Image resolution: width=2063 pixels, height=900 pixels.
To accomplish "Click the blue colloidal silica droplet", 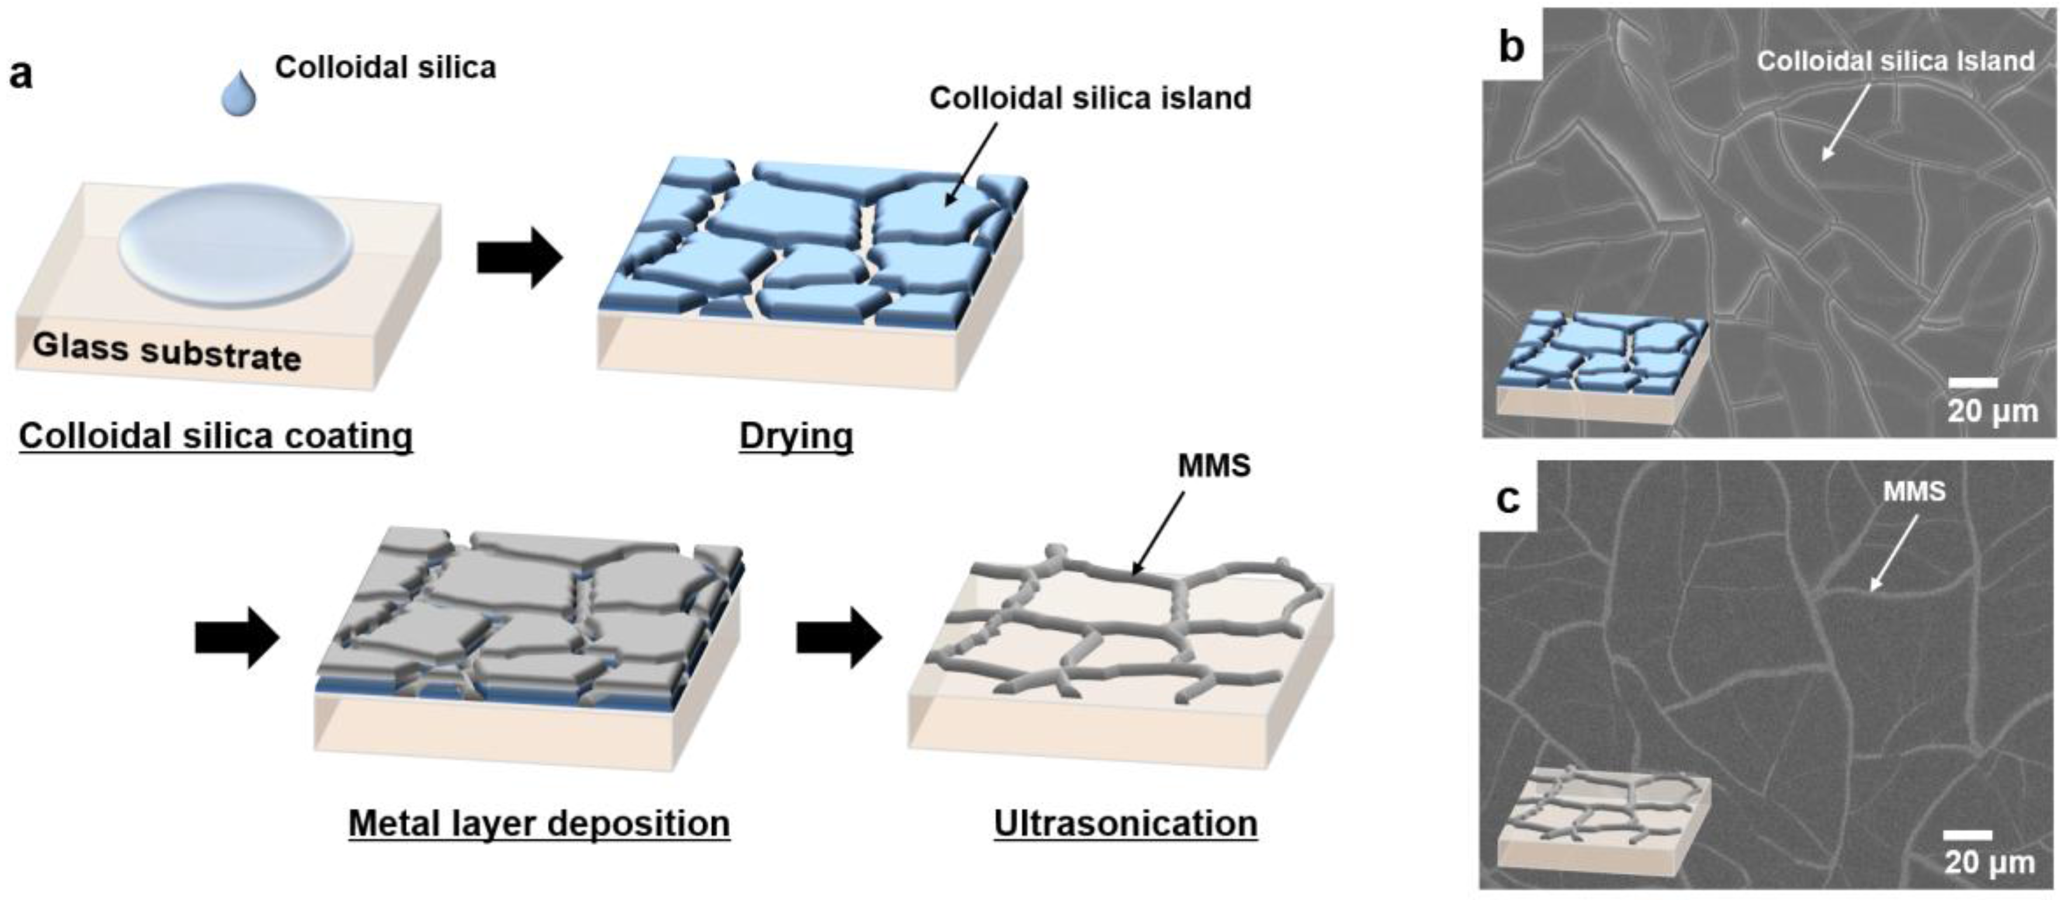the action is tap(238, 93).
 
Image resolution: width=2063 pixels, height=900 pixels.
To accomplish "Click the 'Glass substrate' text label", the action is tap(167, 352).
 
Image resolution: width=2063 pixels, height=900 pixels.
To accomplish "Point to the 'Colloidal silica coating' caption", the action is tap(216, 436).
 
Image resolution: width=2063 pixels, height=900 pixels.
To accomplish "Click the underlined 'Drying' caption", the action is tap(796, 436).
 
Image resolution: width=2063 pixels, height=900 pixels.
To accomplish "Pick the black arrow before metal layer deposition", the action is tap(237, 637).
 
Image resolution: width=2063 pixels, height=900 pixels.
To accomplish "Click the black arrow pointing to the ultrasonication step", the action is tap(838, 637).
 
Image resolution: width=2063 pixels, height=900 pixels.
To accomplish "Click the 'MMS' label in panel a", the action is tap(1213, 465).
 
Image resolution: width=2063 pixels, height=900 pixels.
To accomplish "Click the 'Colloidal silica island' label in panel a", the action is tap(1090, 98).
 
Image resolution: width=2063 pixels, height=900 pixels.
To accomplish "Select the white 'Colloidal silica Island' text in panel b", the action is tap(1895, 61).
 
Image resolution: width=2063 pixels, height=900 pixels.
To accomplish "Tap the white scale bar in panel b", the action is tap(1972, 383).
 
